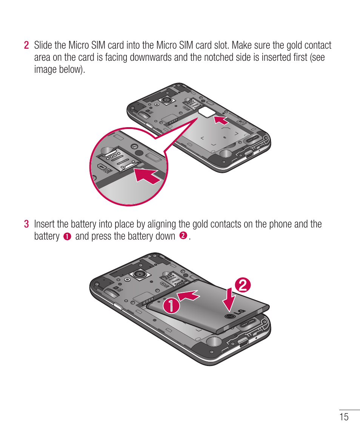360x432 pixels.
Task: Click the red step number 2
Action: click(x=26, y=46)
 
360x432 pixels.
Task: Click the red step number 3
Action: click(x=26, y=224)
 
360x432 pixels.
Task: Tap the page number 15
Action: click(x=344, y=417)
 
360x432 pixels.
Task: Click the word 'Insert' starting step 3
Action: click(x=45, y=224)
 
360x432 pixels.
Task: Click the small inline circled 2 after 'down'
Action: click(x=183, y=236)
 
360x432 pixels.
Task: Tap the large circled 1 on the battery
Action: click(x=170, y=305)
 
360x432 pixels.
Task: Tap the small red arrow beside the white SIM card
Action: click(x=221, y=120)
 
